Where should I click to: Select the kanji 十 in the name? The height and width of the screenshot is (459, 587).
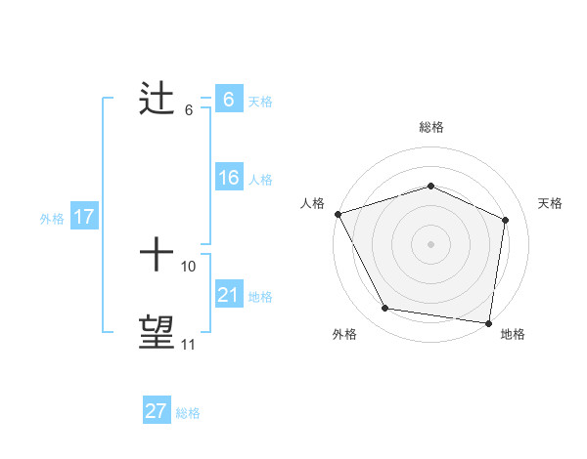click(x=157, y=257)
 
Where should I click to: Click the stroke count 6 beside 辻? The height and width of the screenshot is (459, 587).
click(x=189, y=109)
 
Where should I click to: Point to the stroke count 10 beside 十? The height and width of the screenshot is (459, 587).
click(x=189, y=266)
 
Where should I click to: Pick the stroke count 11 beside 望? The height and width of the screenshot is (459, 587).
click(x=189, y=344)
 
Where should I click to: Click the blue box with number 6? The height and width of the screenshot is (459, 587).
click(x=228, y=100)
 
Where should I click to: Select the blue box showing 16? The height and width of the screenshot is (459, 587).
click(x=228, y=178)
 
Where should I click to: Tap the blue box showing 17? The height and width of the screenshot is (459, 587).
click(x=84, y=217)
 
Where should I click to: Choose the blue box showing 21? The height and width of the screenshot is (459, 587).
click(x=228, y=295)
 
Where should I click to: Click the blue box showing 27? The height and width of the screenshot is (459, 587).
click(x=157, y=411)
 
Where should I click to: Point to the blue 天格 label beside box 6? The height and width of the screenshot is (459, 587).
click(x=260, y=101)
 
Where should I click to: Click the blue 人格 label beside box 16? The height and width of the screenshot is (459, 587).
click(x=260, y=180)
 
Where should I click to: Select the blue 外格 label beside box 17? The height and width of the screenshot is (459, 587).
click(x=52, y=219)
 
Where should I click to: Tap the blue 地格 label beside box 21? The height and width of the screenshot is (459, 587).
click(x=260, y=297)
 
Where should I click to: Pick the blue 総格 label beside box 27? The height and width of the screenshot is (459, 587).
click(x=188, y=413)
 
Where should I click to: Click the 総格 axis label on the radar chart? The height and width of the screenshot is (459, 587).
click(x=430, y=127)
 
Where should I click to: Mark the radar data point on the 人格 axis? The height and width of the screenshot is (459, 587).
click(x=338, y=214)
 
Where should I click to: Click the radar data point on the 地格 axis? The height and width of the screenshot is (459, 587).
click(x=488, y=322)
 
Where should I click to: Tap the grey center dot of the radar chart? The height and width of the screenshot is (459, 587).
click(x=430, y=244)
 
